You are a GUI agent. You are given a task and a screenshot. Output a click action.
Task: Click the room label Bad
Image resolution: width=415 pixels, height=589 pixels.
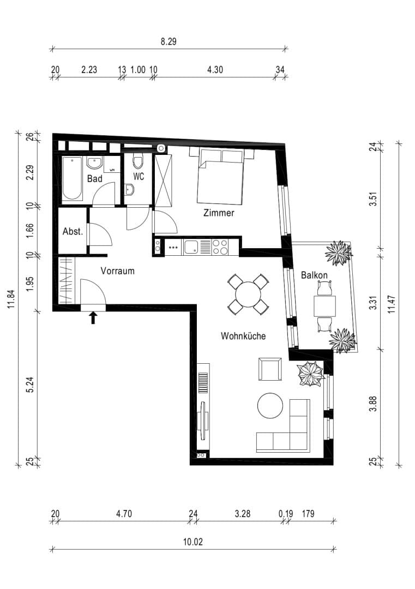point(95,178)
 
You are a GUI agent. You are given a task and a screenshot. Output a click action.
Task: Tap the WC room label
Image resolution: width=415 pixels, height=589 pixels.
point(139,176)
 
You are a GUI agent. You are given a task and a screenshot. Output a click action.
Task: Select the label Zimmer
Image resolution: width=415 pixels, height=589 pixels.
point(219,213)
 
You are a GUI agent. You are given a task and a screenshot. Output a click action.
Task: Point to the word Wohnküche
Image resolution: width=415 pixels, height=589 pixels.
point(243,336)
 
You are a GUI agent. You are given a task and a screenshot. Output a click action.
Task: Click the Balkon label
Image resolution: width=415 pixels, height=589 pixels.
point(314,275)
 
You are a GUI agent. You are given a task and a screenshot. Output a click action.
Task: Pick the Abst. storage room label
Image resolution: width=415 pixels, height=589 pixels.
point(73,231)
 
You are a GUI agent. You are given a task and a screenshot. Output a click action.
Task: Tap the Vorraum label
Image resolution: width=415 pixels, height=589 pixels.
point(118,271)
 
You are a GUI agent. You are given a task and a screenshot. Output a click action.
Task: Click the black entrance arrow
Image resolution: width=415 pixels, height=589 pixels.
point(93,318)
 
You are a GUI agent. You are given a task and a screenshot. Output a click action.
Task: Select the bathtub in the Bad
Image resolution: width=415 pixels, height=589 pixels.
point(73,178)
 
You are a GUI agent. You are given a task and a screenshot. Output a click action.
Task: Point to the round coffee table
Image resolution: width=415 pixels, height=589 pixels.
point(270,406)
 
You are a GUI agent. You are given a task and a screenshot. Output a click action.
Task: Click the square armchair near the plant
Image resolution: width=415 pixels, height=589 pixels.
point(270,369)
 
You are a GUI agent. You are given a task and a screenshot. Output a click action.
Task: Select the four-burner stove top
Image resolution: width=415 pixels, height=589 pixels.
point(220,248)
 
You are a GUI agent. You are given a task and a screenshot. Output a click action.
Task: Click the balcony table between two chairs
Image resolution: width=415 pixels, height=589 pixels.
point(325,306)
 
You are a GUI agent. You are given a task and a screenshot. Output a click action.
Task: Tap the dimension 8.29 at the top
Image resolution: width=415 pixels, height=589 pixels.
point(169,41)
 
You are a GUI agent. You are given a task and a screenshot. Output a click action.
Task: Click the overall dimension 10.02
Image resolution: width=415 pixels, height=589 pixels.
point(193,542)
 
